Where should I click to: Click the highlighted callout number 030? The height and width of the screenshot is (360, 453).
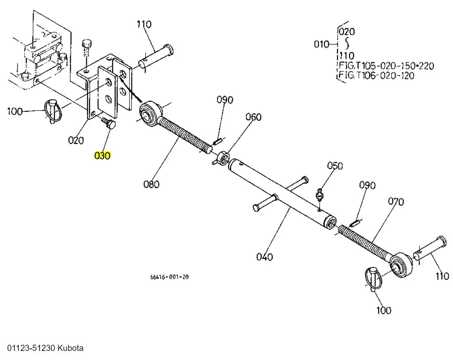point(103,156)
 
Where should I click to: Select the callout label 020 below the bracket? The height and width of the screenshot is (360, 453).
point(76,140)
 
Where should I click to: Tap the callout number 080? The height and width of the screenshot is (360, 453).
point(151,184)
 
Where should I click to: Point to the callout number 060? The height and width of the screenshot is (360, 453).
point(253,117)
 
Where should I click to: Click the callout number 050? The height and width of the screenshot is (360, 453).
point(335,166)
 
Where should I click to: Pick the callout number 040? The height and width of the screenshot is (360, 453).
point(264,257)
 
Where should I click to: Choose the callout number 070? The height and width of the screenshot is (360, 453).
point(396,202)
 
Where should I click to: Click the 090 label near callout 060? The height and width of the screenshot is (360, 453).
point(225,100)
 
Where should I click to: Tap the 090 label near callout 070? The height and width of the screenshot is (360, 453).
point(367,185)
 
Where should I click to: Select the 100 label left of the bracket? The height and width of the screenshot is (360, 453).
point(15,111)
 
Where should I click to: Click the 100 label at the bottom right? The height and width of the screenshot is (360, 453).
point(383,310)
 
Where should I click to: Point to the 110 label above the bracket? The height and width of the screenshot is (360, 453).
point(144,24)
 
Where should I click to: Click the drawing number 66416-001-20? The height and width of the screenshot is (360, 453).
point(170,277)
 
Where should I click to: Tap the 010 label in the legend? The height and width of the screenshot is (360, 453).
point(322,44)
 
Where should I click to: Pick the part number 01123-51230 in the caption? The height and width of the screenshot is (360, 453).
point(31,348)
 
